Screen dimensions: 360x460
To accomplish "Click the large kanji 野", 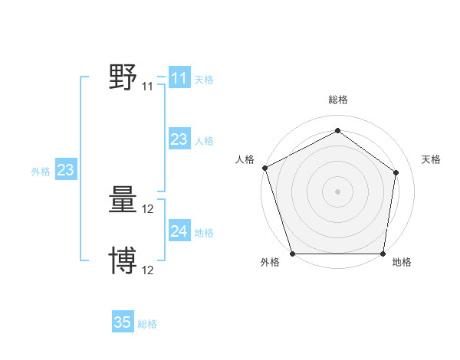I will pyautogui.click(x=123, y=77).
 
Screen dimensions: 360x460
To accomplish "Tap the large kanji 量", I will pyautogui.click(x=123, y=201).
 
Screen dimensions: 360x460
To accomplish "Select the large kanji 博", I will pyautogui.click(x=123, y=260).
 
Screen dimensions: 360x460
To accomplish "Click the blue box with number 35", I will pyautogui.click(x=123, y=322).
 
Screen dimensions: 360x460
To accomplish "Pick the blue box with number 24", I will pyautogui.click(x=179, y=231).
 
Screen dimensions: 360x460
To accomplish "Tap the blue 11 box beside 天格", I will pyautogui.click(x=179, y=78).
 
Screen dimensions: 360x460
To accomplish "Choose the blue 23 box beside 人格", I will pyautogui.click(x=179, y=139).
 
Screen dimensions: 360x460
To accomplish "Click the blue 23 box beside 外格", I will pyautogui.click(x=65, y=170).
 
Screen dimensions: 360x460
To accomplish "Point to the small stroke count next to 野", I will pyautogui.click(x=147, y=87).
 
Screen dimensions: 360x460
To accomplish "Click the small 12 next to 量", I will pyautogui.click(x=148, y=210).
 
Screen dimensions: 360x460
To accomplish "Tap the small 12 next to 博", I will pyautogui.click(x=148, y=270).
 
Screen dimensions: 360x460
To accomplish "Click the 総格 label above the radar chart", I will pyautogui.click(x=337, y=100).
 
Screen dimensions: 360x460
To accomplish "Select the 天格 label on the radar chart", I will pyautogui.click(x=431, y=159).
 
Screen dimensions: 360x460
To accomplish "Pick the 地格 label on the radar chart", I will pyautogui.click(x=402, y=262).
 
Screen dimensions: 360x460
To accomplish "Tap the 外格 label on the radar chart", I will pyautogui.click(x=270, y=262).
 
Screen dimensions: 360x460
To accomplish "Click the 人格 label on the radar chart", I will pyautogui.click(x=245, y=159).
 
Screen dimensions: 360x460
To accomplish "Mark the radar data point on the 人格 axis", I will pyautogui.click(x=264, y=168).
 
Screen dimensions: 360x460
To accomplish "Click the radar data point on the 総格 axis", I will pyautogui.click(x=337, y=130).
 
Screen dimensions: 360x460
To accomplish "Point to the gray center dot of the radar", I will pyautogui.click(x=337, y=191).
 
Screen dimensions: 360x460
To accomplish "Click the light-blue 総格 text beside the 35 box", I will pyautogui.click(x=147, y=324).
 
